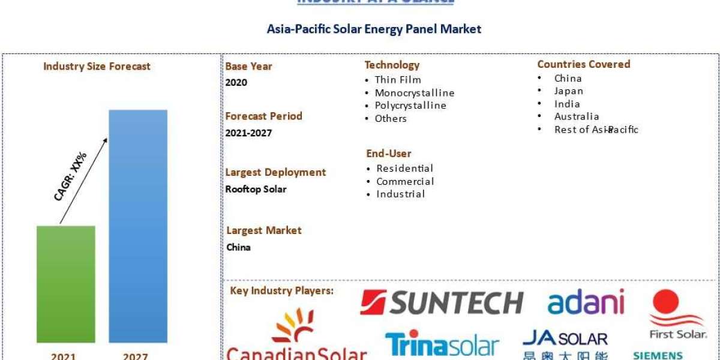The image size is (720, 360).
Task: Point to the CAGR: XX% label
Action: pyautogui.click(x=71, y=176)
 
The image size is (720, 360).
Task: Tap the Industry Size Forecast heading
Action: pyautogui.click(x=97, y=67)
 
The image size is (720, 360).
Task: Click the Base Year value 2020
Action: pyautogui.click(x=236, y=83)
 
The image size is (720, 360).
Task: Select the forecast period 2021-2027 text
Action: pyautogui.click(x=248, y=133)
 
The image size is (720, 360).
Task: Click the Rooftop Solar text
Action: pyautogui.click(x=256, y=190)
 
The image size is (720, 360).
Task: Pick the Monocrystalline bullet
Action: pyautogui.click(x=414, y=93)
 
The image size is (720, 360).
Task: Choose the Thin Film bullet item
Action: pyautogui.click(x=397, y=80)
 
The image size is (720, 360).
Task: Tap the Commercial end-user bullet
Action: pyautogui.click(x=404, y=181)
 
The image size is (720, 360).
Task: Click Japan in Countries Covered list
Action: pyautogui.click(x=568, y=91)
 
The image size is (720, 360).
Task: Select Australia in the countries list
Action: pyautogui.click(x=576, y=116)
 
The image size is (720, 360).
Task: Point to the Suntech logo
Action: pyautogui.click(x=442, y=303)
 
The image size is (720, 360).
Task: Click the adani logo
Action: pyautogui.click(x=586, y=302)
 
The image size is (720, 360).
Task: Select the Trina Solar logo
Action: pyautogui.click(x=442, y=344)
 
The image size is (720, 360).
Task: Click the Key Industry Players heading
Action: pyautogui.click(x=282, y=291)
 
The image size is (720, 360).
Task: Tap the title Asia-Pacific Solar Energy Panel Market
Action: pyautogui.click(x=374, y=29)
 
